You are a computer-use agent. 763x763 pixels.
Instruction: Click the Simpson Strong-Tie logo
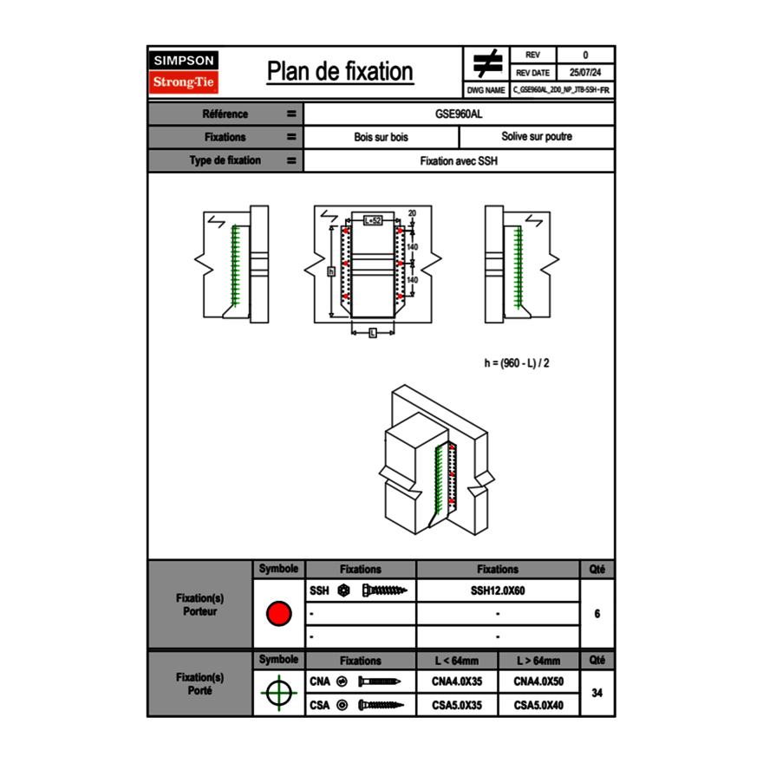(184, 71)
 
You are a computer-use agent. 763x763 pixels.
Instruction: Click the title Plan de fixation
(340, 71)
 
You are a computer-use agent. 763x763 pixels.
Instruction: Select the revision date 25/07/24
(585, 73)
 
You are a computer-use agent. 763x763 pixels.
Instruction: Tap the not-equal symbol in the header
(487, 63)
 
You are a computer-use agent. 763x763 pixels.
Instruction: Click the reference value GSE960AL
(459, 114)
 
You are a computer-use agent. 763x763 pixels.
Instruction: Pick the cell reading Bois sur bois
(381, 137)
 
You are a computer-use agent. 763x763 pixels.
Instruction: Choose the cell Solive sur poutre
(536, 137)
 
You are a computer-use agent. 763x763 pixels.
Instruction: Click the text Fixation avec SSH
(459, 160)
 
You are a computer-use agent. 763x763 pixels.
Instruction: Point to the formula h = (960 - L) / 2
(517, 362)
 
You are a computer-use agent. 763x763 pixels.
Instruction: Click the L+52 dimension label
(372, 221)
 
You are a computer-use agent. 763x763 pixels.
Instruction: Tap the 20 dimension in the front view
(412, 213)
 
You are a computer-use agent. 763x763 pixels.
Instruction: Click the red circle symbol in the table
(278, 614)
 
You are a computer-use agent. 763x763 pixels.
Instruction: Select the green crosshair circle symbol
(278, 694)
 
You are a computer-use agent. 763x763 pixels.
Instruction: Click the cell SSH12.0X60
(498, 590)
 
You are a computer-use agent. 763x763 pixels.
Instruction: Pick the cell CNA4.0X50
(538, 681)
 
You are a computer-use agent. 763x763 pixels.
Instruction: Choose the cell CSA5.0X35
(457, 706)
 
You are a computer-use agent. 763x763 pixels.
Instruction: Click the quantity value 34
(597, 693)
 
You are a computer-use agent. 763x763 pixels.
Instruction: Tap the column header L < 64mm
(457, 661)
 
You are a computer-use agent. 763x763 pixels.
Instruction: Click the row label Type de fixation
(225, 160)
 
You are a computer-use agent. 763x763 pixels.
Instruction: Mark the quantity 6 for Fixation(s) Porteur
(597, 614)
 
